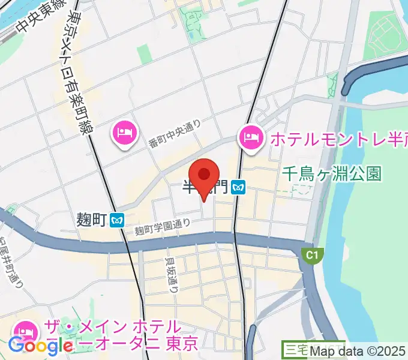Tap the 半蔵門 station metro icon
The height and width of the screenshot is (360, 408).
pyautogui.click(x=239, y=188)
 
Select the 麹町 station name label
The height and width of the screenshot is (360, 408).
pyautogui.click(x=92, y=220)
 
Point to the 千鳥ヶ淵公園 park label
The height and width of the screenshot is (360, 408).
pyautogui.click(x=332, y=174)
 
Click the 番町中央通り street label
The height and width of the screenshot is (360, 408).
pyautogui.click(x=175, y=134)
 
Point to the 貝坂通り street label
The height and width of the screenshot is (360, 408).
pyautogui.click(x=172, y=275)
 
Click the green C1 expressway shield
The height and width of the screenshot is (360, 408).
pyautogui.click(x=311, y=256)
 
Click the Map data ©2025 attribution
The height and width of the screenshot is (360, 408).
pyautogui.click(x=358, y=352)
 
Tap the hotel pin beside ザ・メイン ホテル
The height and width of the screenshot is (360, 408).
pyautogui.click(x=25, y=331)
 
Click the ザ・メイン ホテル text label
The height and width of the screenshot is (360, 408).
pyautogui.click(x=111, y=328)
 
